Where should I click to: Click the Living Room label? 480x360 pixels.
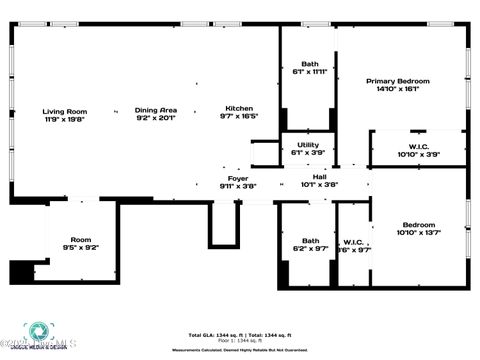(x=64, y=111)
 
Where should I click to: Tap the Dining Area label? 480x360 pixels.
(x=156, y=109)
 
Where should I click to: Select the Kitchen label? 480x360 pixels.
(x=238, y=108)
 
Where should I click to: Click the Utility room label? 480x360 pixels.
(x=308, y=145)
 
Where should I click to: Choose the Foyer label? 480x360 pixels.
(x=238, y=178)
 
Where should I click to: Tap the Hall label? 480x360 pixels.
(x=320, y=177)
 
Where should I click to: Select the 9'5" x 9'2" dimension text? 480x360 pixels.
(x=80, y=247)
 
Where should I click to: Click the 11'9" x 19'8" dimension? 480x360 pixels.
(x=64, y=119)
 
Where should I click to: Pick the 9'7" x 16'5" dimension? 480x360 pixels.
(x=238, y=116)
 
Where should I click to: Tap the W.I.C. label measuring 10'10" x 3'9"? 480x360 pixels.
(x=418, y=147)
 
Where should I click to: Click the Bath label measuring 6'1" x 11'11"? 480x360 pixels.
(x=310, y=64)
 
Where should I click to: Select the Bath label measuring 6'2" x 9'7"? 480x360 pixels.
(x=310, y=240)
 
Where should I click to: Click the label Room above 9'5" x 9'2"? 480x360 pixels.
(x=80, y=239)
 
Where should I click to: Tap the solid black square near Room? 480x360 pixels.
(x=21, y=271)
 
